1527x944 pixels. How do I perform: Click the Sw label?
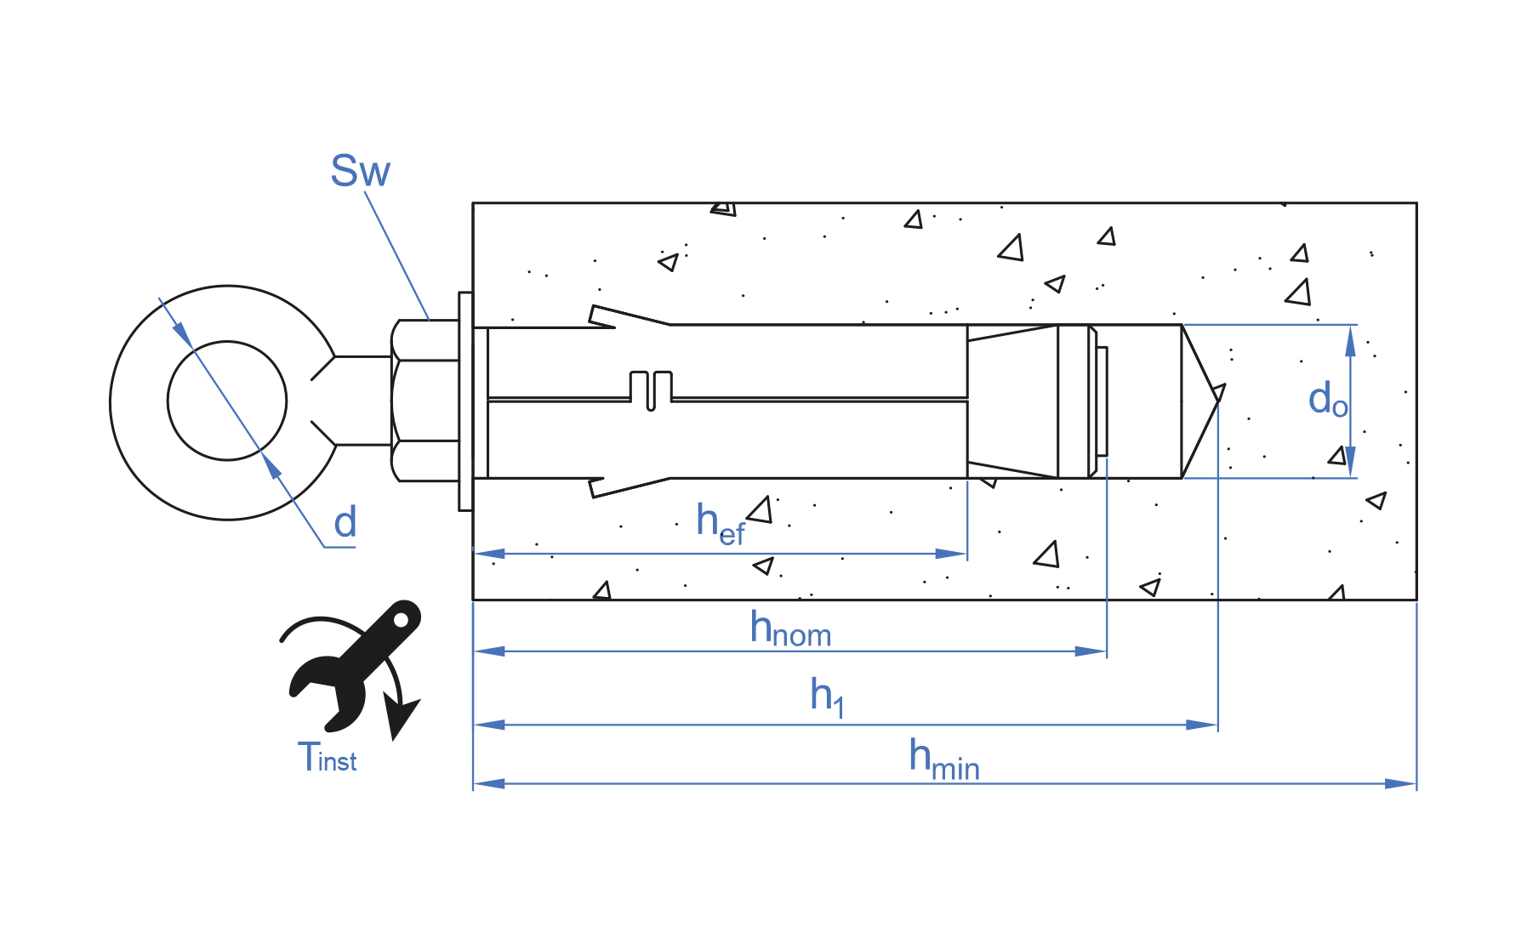tap(360, 171)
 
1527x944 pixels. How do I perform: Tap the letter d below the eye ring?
tap(345, 522)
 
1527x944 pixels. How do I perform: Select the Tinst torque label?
tap(327, 757)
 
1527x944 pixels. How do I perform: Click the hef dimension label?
tap(721, 523)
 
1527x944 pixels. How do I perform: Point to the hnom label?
tap(790, 629)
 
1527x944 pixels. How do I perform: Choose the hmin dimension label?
tap(944, 759)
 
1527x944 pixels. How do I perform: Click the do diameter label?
tap(1328, 399)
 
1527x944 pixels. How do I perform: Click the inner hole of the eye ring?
tap(227, 401)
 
